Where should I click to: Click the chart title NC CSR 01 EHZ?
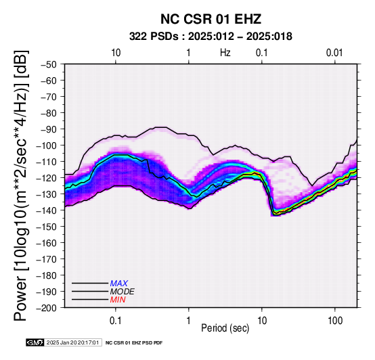pyautogui.click(x=211, y=19)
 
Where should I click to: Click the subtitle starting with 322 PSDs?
pyautogui.click(x=211, y=37)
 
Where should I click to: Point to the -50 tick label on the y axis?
pyautogui.click(x=49, y=64)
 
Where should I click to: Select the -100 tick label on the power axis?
pyautogui.click(x=47, y=145)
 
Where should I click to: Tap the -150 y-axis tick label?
pyautogui.click(x=47, y=227)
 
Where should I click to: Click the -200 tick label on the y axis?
pyautogui.click(x=47, y=308)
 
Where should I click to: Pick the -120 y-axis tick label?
pyautogui.click(x=47, y=178)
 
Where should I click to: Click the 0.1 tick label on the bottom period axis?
pyautogui.click(x=115, y=321)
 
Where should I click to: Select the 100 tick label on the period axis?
pyautogui.click(x=335, y=321)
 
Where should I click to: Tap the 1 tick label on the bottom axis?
pyautogui.click(x=189, y=321)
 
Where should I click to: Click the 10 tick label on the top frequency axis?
pyautogui.click(x=116, y=53)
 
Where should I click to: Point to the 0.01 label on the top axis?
pyautogui.click(x=334, y=53)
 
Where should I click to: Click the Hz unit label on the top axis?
pyautogui.click(x=225, y=53)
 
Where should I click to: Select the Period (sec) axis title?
pyautogui.click(x=225, y=328)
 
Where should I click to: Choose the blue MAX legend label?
pyautogui.click(x=119, y=284)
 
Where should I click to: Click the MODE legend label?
pyautogui.click(x=123, y=292)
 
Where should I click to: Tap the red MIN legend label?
pyautogui.click(x=118, y=300)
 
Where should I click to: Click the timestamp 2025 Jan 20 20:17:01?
pyautogui.click(x=72, y=342)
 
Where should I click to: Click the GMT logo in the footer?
pyautogui.click(x=35, y=342)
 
